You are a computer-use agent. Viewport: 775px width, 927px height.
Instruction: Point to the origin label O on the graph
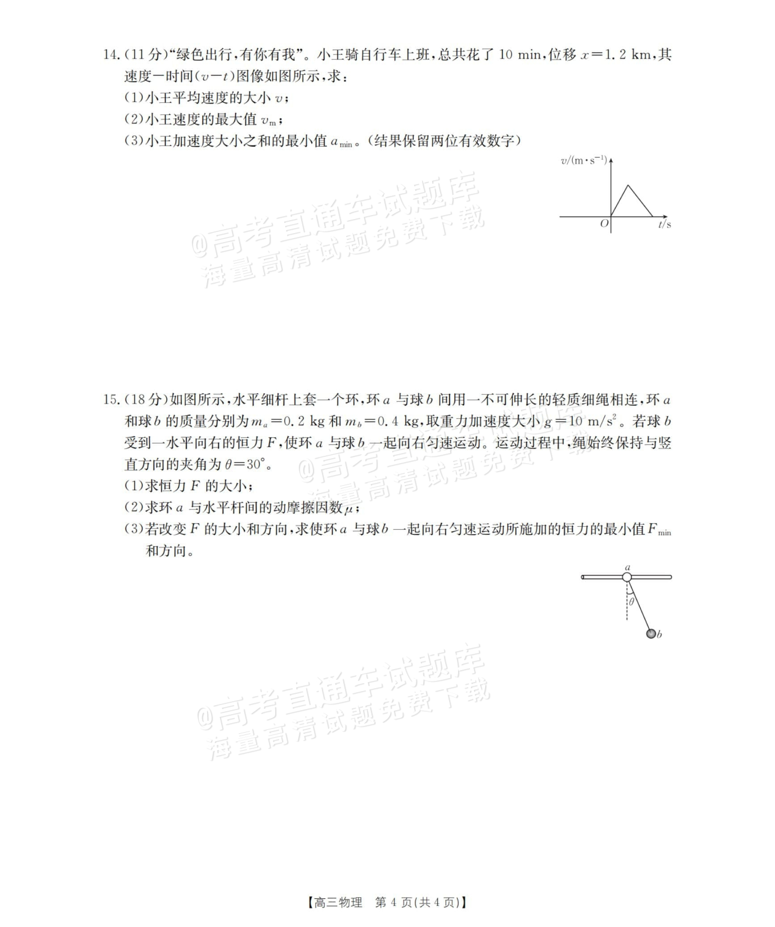604,224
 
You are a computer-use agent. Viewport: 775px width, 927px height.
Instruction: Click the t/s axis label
664,225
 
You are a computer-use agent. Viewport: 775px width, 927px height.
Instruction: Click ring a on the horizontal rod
627,577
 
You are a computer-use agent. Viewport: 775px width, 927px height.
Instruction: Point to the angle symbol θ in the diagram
631,601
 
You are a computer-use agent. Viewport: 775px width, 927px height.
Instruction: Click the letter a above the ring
628,567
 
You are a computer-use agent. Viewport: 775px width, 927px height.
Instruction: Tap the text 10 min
520,55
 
